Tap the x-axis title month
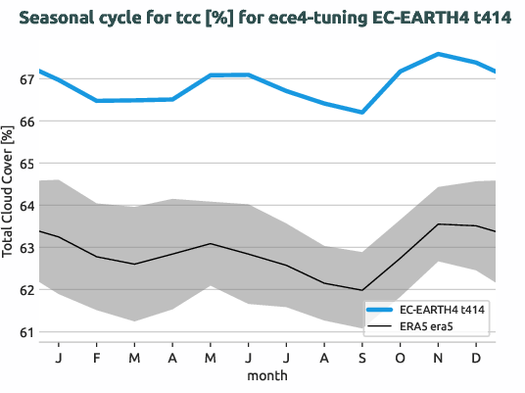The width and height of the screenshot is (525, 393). [x=266, y=375]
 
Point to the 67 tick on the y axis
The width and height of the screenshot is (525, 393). [x=23, y=79]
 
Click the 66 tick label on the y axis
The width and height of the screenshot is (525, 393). [x=23, y=122]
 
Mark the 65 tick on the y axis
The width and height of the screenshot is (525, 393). [x=23, y=164]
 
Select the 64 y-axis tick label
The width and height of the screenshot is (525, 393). [x=23, y=206]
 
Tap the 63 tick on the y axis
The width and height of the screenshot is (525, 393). [x=23, y=248]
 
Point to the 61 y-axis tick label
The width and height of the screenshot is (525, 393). [x=23, y=332]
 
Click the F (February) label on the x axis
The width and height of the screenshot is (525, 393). [x=97, y=358]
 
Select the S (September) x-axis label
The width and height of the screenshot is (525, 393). [x=362, y=358]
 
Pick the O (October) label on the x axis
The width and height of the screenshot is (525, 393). [x=401, y=358]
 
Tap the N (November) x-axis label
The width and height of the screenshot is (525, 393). [x=438, y=358]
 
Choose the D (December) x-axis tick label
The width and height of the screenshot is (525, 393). [x=476, y=358]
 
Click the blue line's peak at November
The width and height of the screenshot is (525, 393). [x=438, y=54]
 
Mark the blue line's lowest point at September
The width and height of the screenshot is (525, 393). [x=362, y=112]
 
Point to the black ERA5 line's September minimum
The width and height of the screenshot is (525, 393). [x=362, y=290]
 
